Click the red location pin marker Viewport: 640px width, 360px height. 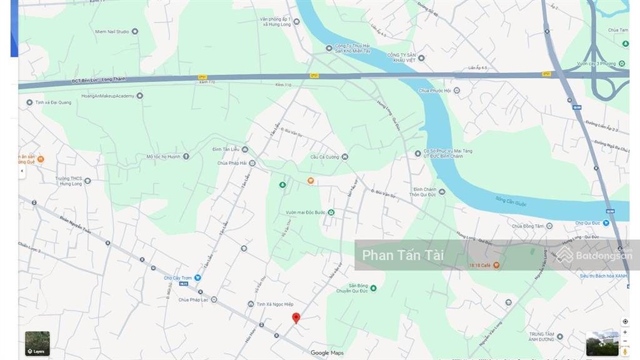[296, 317]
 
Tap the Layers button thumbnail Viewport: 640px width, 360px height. [37, 343]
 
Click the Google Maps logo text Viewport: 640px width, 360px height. [327, 353]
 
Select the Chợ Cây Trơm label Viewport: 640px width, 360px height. [178, 278]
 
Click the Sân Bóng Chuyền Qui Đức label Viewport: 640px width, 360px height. [351, 288]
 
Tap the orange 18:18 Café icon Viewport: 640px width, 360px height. [496, 265]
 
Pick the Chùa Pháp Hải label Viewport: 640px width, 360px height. [231, 164]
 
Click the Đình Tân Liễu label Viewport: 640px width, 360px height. [226, 149]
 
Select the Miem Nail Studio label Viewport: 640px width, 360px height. [112, 31]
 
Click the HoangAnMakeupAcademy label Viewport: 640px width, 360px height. [107, 96]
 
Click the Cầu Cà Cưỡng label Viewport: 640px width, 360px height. [325, 157]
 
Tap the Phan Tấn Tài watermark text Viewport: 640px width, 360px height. [403, 255]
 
